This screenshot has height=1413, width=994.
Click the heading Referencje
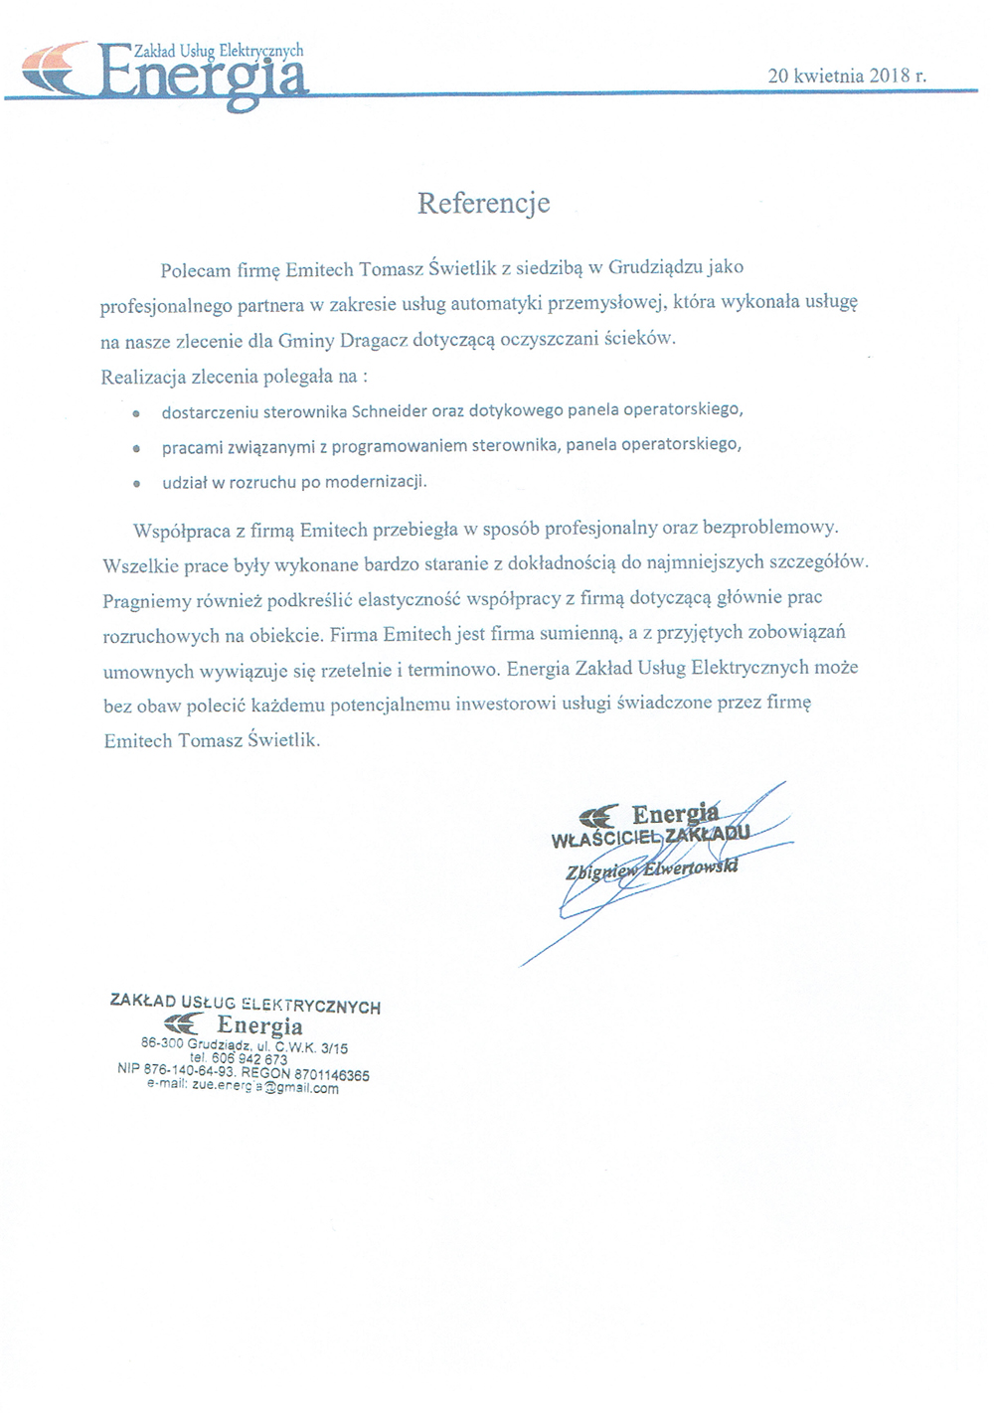[x=483, y=204]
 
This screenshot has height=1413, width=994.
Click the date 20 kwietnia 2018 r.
[x=847, y=76]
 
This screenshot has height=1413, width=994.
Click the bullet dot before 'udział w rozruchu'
[x=135, y=483]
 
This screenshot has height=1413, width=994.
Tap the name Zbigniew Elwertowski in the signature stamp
[x=652, y=869]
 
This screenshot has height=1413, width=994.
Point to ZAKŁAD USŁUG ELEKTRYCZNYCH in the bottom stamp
[x=245, y=1005]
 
